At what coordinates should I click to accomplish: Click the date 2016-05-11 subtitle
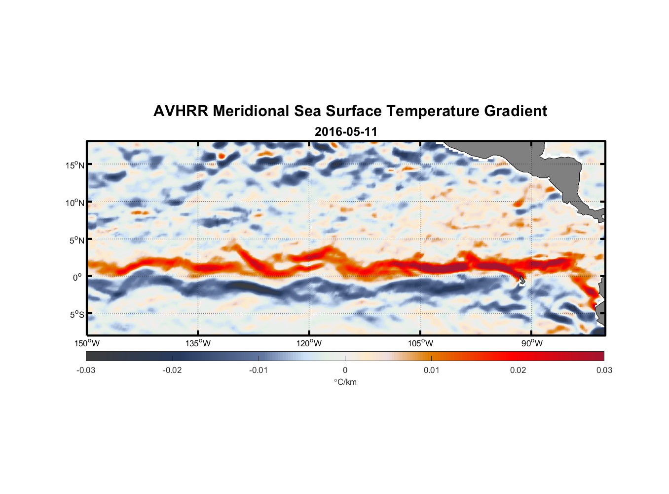(346, 132)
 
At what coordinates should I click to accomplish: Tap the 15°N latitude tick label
(75, 165)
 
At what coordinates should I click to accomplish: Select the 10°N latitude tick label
(75, 203)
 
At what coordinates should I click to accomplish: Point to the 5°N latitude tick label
(77, 240)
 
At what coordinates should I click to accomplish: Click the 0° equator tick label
(77, 277)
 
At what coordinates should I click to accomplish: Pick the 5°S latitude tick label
(77, 314)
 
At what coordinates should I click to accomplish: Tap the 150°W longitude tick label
(87, 343)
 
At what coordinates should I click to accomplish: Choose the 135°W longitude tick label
(198, 343)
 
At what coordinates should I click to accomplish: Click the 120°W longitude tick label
(309, 343)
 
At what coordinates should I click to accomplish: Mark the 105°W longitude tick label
(420, 343)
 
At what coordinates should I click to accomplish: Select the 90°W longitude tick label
(532, 343)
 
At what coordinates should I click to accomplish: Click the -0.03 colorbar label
(86, 370)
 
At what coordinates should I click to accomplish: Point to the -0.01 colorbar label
(258, 370)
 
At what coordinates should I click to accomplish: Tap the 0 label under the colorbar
(345, 370)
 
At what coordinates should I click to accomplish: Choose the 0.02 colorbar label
(518, 370)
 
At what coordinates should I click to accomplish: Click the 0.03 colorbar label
(604, 370)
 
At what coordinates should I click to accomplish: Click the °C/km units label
(345, 382)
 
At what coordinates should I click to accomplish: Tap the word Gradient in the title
(516, 111)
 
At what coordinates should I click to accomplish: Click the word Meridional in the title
(251, 111)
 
